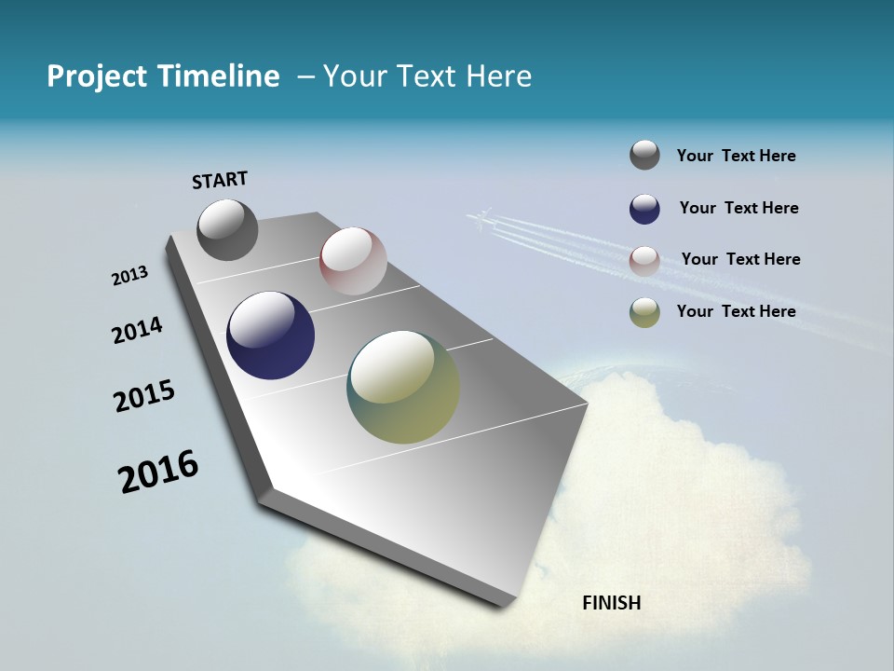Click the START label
[x=220, y=179]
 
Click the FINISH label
[x=611, y=603]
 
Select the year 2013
[x=129, y=276]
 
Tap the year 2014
[x=137, y=331]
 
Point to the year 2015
[x=144, y=396]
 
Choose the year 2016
[x=158, y=472]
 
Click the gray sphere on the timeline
[x=227, y=229]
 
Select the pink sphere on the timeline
[x=353, y=261]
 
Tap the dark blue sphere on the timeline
[x=270, y=335]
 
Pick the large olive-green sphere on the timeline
[x=403, y=387]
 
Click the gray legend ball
[x=644, y=156]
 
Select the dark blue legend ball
[x=644, y=209]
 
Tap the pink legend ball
[x=644, y=260]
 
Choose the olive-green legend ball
[x=644, y=312]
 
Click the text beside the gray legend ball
[x=736, y=156]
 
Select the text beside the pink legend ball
[x=740, y=259]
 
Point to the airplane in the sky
[x=480, y=219]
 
